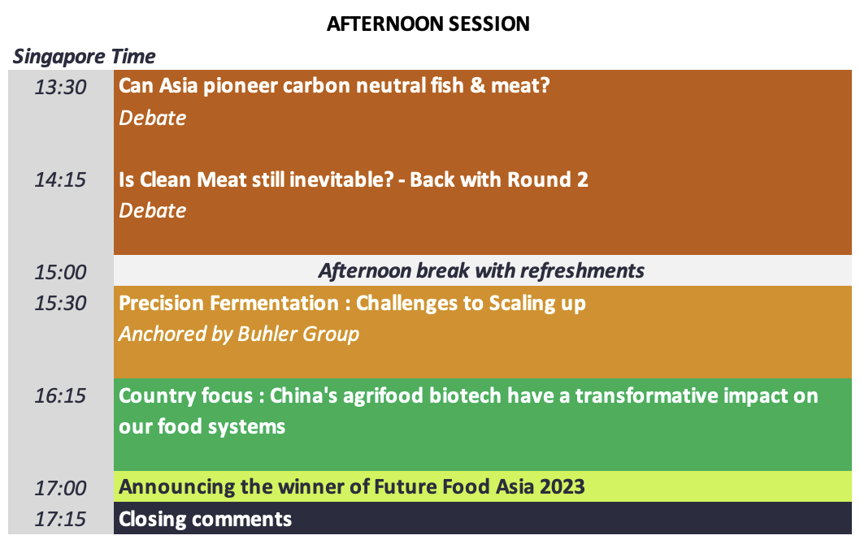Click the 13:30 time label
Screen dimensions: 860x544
(60, 87)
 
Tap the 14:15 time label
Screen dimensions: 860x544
(60, 179)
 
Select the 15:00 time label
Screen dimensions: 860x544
(60, 272)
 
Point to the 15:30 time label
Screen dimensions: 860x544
(60, 303)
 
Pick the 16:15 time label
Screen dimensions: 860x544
(60, 395)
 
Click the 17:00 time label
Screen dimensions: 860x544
(60, 488)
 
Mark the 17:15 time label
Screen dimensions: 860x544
(60, 519)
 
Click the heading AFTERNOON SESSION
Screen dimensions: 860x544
(428, 24)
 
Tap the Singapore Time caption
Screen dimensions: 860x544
(84, 57)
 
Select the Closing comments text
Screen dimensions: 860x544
(205, 520)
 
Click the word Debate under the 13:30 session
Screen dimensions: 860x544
(153, 118)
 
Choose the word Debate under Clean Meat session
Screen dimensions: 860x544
(153, 210)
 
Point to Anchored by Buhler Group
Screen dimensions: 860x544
(239, 335)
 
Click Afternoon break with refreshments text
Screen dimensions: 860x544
(481, 271)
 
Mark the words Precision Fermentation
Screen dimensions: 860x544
(228, 304)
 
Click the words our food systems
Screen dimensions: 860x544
(202, 427)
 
